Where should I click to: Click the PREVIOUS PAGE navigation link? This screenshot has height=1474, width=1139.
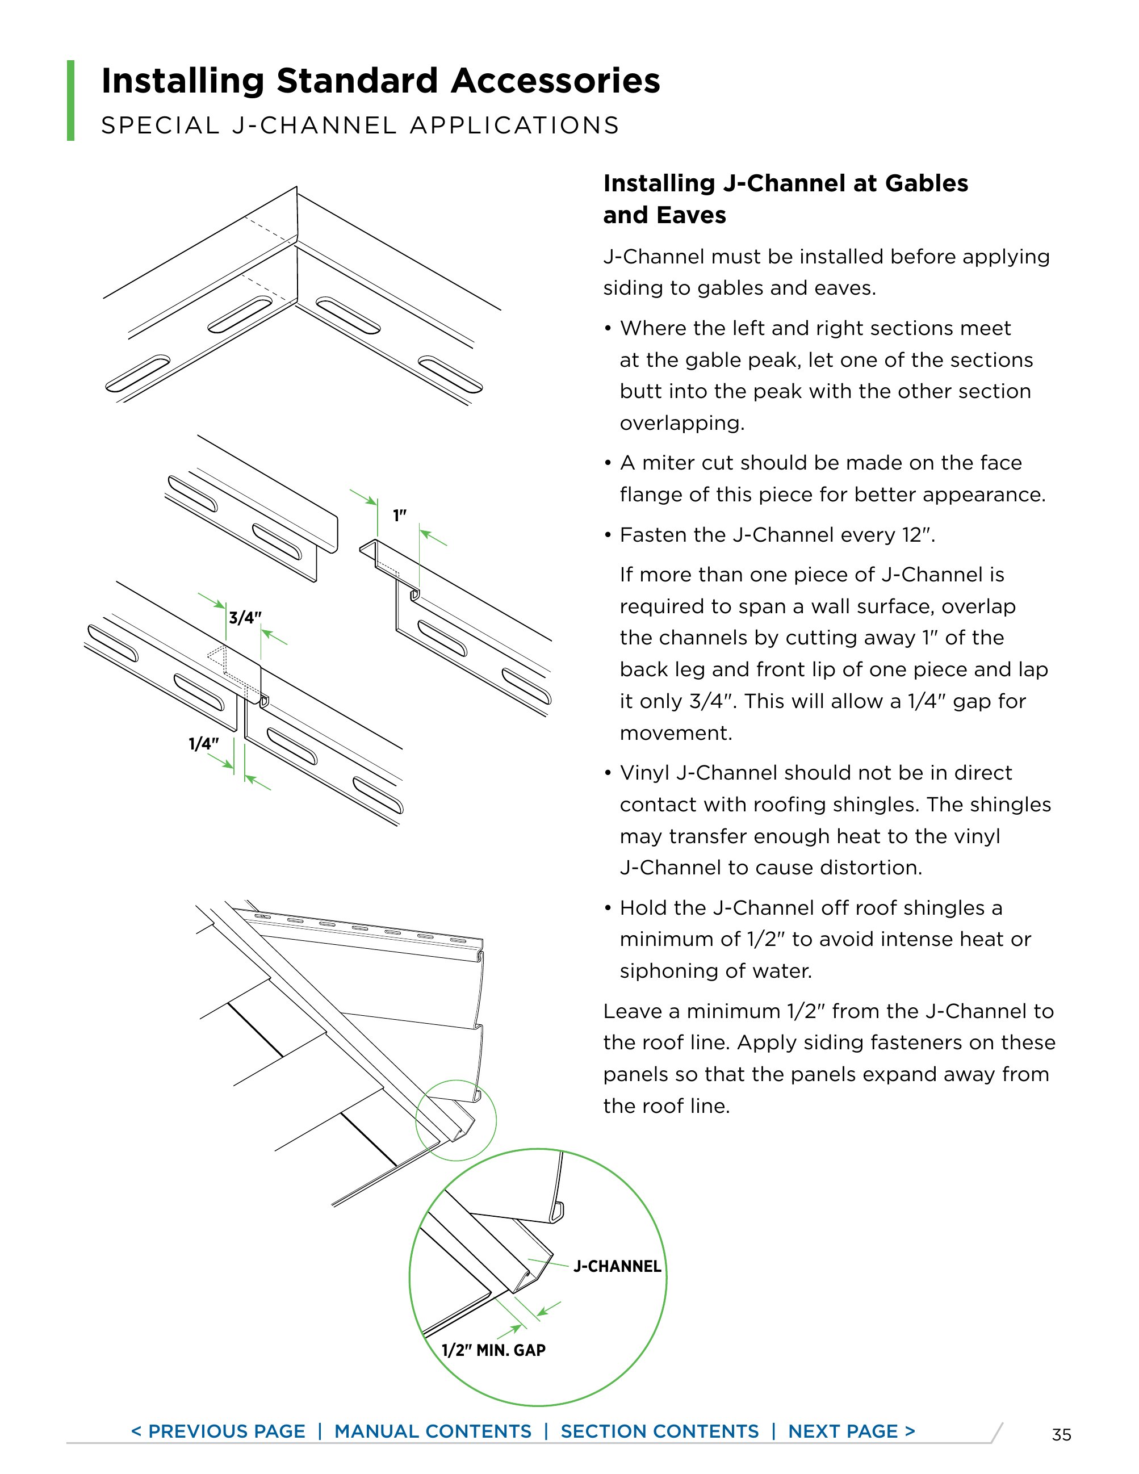(218, 1431)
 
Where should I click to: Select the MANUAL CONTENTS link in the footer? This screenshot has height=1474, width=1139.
(433, 1431)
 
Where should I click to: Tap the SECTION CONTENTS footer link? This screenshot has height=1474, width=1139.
(659, 1431)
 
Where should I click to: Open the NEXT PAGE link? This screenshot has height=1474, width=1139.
(852, 1431)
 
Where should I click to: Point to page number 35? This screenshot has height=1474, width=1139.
(1061, 1434)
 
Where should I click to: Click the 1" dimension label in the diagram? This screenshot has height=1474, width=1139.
(400, 516)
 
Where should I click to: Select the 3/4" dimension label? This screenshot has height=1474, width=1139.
(245, 618)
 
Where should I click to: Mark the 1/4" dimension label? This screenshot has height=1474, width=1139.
(204, 744)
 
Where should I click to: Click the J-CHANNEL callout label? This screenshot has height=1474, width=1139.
(617, 1266)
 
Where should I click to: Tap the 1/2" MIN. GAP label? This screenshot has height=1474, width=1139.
(493, 1350)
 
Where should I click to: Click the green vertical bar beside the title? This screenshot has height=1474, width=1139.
(71, 101)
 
